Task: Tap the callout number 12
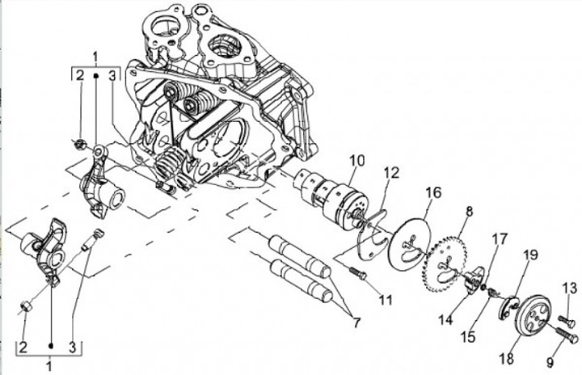point(392,172)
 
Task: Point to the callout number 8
point(467,212)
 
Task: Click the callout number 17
point(500,238)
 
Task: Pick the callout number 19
point(530,256)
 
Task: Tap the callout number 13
point(569,288)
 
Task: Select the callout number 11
point(386,300)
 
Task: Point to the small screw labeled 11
point(358,275)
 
